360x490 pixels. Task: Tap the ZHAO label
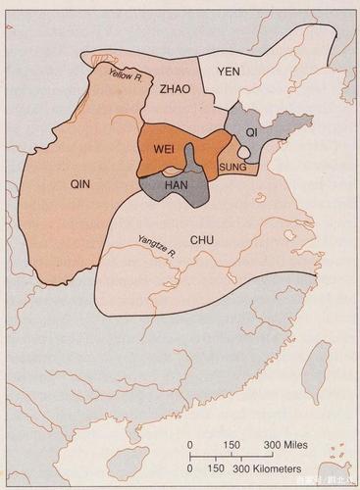click(x=175, y=89)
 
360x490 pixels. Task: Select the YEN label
click(x=229, y=71)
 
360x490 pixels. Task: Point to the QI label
click(x=250, y=130)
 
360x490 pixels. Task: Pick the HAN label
click(x=177, y=185)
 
